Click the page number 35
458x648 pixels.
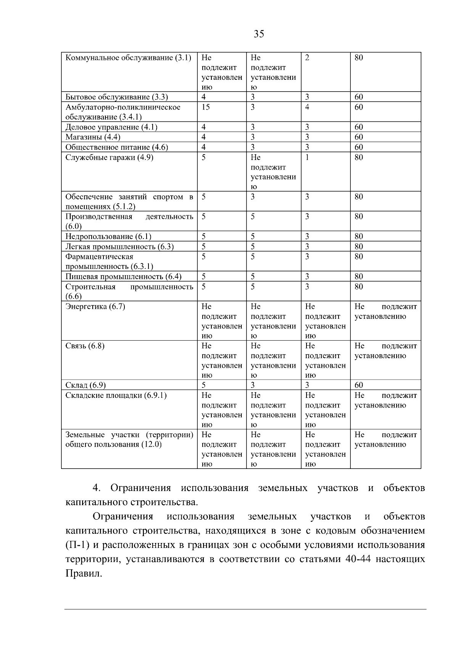pos(259,34)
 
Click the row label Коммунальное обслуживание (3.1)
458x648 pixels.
pos(128,58)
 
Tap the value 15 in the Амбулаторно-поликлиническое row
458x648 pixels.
pos(205,107)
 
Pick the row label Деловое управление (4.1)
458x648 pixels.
pos(111,127)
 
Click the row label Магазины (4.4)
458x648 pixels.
pos(93,137)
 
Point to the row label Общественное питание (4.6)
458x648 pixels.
pos(117,147)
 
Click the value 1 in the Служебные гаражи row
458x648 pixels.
pos(307,157)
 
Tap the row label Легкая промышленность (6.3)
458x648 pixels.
pos(119,247)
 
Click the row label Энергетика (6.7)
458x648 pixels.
pos(95,307)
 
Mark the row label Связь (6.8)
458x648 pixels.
pos(85,346)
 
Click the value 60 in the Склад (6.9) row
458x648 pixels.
pos(359,385)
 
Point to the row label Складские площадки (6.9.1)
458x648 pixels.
pos(116,396)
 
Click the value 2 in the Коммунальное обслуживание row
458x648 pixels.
pos(307,58)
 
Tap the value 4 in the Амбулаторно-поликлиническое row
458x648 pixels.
pos(307,107)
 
